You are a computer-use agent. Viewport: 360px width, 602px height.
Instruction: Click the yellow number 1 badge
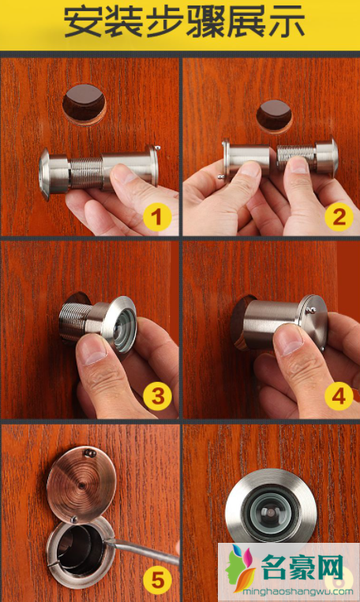(157, 217)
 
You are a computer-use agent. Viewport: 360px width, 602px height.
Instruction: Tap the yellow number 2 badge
(339, 216)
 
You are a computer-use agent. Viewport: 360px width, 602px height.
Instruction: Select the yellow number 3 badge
(157, 396)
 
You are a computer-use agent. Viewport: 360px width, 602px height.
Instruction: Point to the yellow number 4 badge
(339, 396)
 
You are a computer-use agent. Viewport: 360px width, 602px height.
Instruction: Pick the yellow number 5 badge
(157, 579)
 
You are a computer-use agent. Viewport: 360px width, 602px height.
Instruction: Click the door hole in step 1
(84, 104)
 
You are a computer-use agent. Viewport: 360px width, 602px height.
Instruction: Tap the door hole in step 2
(274, 116)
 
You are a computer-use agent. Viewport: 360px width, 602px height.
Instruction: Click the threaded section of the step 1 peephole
(86, 173)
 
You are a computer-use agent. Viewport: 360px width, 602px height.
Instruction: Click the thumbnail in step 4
(289, 338)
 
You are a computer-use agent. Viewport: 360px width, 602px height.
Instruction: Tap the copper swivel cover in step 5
(81, 484)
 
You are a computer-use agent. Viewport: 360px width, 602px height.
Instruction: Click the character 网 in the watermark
(331, 567)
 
